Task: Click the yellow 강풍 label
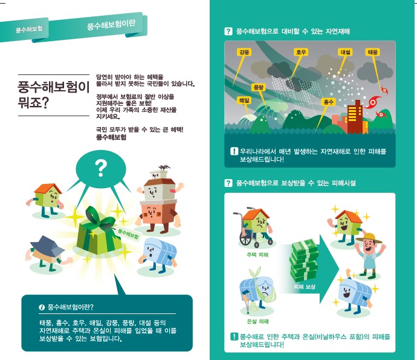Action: pos(244,52)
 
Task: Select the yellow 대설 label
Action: pos(345,52)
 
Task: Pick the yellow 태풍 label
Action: pos(373,52)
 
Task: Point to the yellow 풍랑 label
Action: pos(258,87)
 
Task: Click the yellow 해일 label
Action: pos(244,100)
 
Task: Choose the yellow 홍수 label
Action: pos(328,102)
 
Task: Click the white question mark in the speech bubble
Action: pos(101,168)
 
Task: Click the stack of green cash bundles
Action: pos(304,260)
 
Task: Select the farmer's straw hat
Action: pos(369,238)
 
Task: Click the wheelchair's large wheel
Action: pos(245,238)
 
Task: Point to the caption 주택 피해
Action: pos(257,255)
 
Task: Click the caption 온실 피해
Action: pos(257,321)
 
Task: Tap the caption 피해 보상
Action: pos(305,287)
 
